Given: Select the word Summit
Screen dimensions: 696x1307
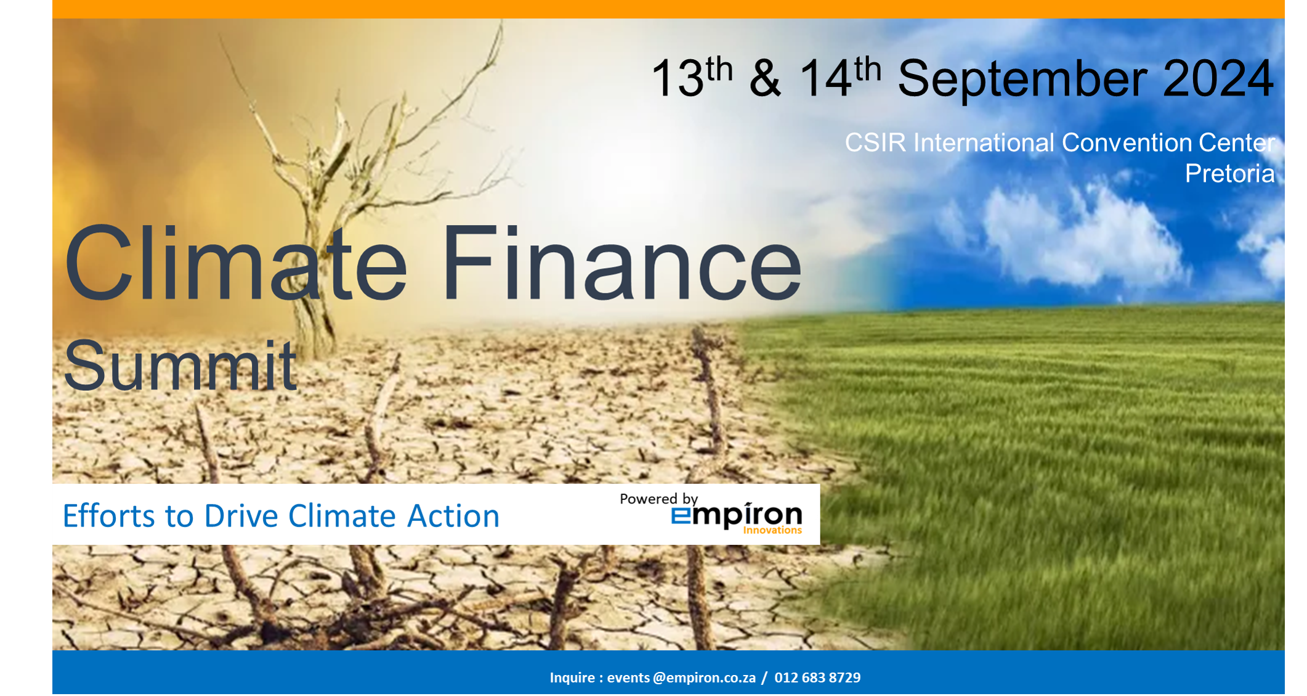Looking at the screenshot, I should point(180,366).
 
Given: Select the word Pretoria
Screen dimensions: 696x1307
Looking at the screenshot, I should point(1229,174).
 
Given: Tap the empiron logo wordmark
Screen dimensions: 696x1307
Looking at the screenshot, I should point(737,516).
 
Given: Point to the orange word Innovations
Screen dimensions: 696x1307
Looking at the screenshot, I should point(772,530).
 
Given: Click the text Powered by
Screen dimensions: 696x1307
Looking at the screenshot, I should point(658,499).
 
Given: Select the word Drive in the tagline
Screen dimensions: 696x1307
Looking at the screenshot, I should point(241,516).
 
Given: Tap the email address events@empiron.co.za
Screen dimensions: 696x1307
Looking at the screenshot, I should point(681,678).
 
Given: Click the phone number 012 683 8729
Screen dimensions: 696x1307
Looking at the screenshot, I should point(817,678).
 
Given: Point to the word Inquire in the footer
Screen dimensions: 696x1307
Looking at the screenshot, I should point(572,678).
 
